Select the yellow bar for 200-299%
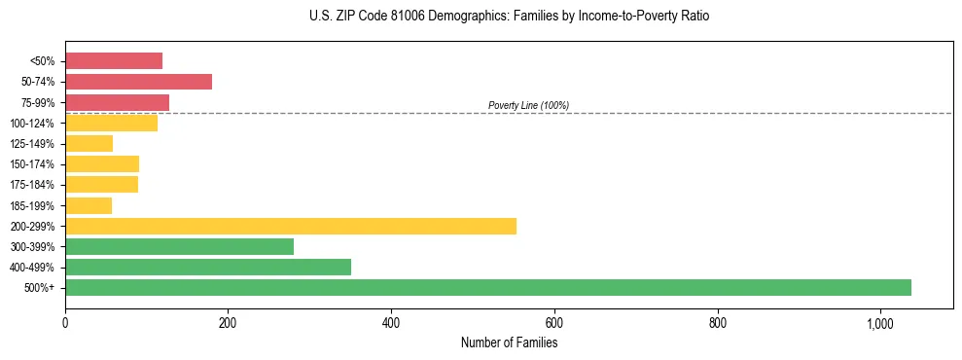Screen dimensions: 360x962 (x=291, y=226)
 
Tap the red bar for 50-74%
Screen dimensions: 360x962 (x=138, y=82)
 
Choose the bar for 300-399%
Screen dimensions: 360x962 (x=179, y=247)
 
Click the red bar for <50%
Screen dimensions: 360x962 (x=114, y=61)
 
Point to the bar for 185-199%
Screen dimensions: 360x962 (x=89, y=205)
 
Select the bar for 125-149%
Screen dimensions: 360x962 (x=89, y=144)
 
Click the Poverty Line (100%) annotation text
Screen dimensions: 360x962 (x=528, y=105)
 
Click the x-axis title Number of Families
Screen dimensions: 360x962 (x=509, y=342)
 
